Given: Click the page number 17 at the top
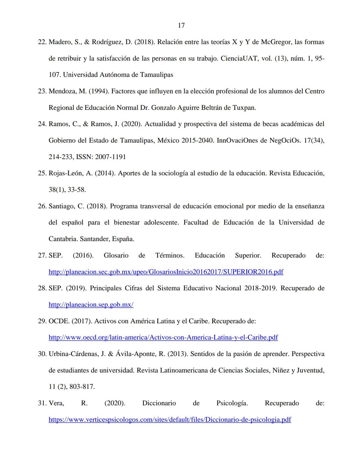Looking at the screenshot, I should (x=181, y=25).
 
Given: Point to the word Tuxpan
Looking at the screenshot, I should (x=244, y=108).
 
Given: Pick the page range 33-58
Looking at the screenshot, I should (x=77, y=190).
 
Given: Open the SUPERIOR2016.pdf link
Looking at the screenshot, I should (x=166, y=272).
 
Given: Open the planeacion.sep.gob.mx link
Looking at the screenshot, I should (x=91, y=305).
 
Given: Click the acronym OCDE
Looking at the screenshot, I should (x=59, y=321).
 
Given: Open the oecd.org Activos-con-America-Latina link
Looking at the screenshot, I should (x=163, y=337).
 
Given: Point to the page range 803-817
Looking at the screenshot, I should (x=82, y=387).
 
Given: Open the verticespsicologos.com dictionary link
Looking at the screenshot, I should (x=170, y=420).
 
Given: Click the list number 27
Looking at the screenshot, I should (x=42, y=256).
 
